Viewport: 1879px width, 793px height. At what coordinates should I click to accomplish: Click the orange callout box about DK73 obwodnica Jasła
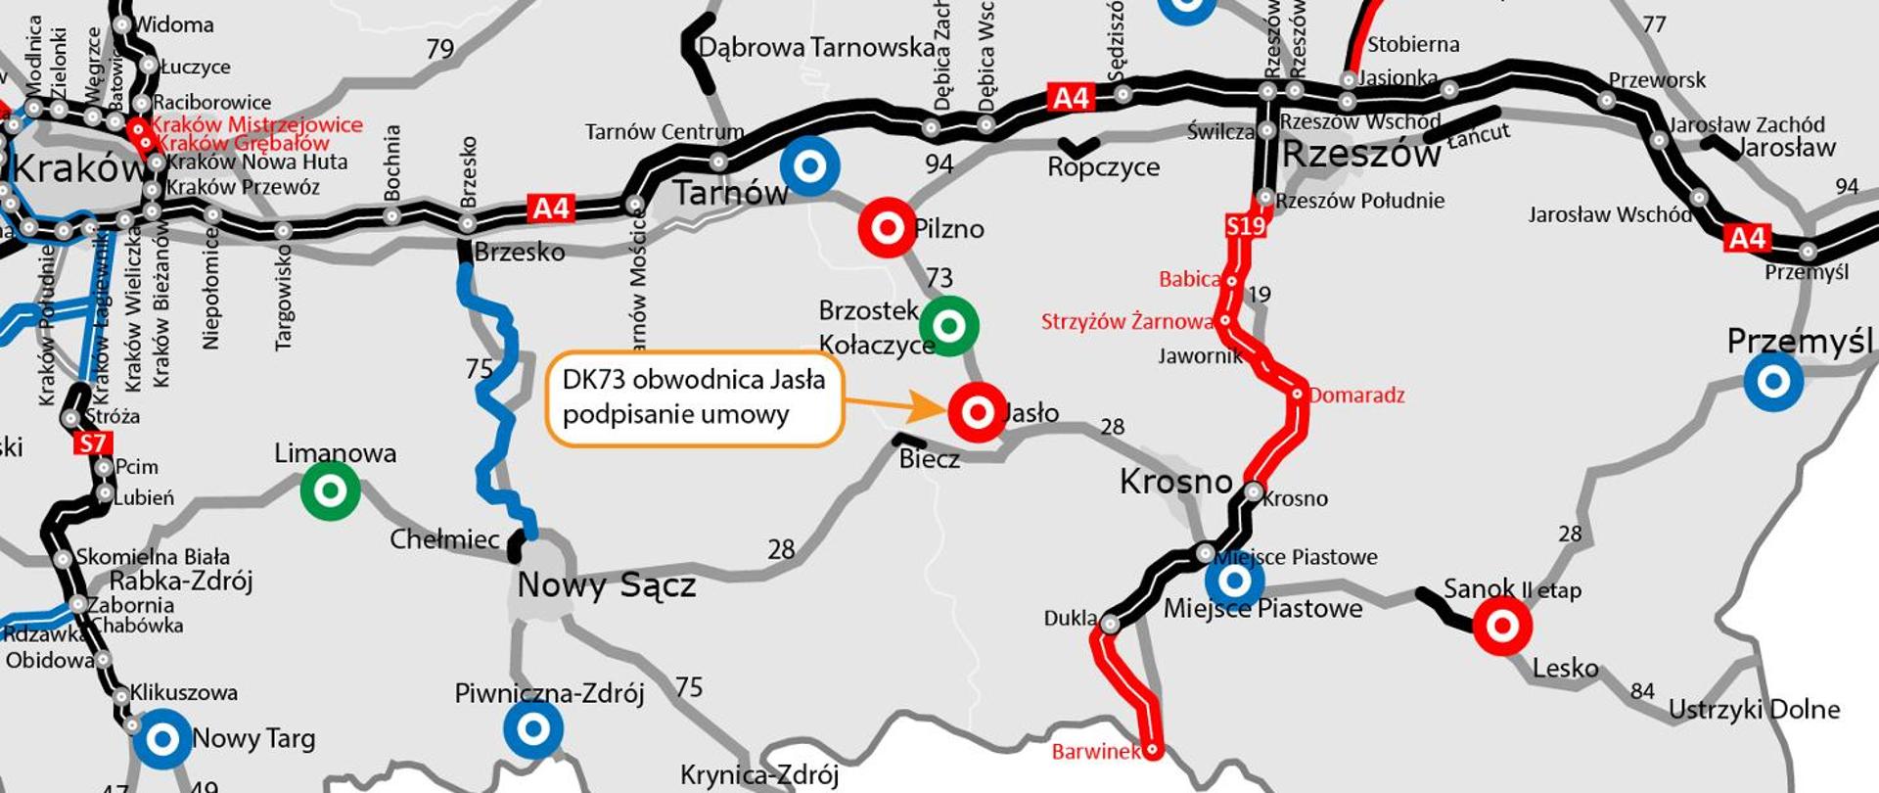pos(694,397)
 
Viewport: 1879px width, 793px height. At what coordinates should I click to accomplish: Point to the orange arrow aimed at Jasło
pos(885,404)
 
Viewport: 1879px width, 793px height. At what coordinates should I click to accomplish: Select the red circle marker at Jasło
pos(977,413)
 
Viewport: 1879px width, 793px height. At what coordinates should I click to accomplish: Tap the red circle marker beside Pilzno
pos(887,228)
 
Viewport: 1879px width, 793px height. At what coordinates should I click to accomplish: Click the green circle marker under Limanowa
pos(330,490)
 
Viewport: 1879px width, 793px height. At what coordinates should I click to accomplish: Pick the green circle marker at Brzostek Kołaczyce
pos(948,325)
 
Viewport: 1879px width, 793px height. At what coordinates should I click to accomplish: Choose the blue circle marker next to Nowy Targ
pos(162,739)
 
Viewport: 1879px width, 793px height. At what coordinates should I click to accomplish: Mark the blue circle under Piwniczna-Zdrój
pos(533,729)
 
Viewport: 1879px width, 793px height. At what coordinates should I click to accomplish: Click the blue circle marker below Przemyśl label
pos(1773,381)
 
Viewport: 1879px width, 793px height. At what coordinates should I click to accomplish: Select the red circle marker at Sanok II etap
pos(1502,625)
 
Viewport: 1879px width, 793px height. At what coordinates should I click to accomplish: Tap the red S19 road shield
pos(1245,227)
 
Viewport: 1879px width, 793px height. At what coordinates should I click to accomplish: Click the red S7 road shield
pos(92,443)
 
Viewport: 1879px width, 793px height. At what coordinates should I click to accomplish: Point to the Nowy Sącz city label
pos(607,585)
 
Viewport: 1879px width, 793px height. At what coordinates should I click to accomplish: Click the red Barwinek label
pos(1096,752)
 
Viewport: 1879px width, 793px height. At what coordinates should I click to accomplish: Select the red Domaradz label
pos(1356,396)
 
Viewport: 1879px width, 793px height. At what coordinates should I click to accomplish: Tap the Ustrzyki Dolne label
pos(1754,710)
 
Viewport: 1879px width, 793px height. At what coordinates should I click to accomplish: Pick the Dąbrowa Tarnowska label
pos(817,47)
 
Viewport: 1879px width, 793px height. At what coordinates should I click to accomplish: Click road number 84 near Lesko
pos(1642,691)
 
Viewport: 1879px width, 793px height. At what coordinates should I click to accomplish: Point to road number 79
pos(440,48)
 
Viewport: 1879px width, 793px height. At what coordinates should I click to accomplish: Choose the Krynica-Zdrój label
pos(759,775)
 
